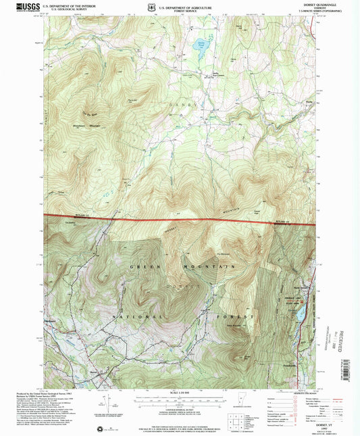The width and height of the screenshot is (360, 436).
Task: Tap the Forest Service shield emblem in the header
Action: [x=154, y=8]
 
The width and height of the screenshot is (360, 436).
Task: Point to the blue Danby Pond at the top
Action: [x=200, y=47]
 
